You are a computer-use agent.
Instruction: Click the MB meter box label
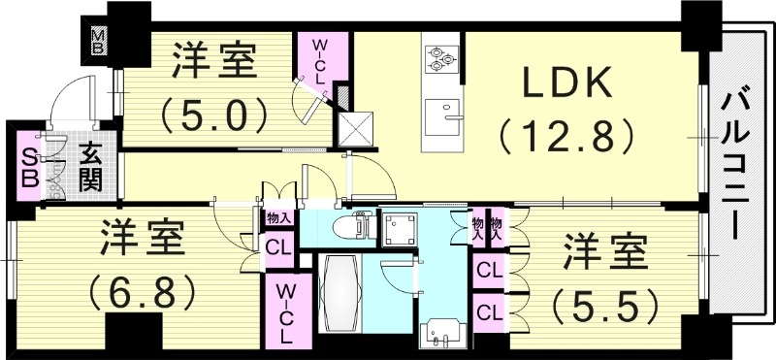tap(99, 41)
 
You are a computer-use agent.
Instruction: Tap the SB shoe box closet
tap(30, 167)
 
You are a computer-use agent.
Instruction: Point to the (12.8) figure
tap(568, 135)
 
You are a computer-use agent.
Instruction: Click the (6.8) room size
tap(142, 288)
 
